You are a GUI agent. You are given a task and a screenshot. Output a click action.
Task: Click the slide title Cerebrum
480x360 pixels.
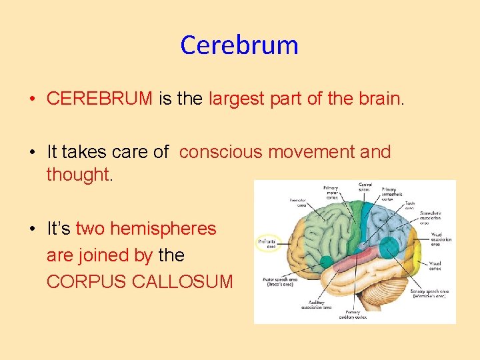click(x=239, y=45)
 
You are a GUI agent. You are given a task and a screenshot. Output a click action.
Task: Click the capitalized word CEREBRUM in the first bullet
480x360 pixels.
click(x=100, y=99)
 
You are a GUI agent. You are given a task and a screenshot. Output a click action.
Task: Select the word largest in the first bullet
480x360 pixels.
click(x=239, y=99)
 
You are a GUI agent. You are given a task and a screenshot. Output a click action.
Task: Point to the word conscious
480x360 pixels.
click(x=221, y=152)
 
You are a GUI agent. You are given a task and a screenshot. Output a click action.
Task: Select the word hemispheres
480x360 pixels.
click(x=163, y=229)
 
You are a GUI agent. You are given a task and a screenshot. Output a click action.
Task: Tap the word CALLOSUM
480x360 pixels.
click(x=183, y=281)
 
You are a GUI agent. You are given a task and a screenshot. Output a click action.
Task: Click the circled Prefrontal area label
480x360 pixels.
click(x=269, y=243)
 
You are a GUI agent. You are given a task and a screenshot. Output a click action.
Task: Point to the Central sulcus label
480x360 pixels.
click(x=365, y=188)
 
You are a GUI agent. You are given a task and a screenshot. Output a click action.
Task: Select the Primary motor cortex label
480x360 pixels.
click(x=331, y=193)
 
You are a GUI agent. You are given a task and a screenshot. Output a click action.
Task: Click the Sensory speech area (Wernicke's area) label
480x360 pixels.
click(x=427, y=294)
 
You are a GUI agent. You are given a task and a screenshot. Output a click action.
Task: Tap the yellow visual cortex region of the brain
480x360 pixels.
click(x=417, y=250)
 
